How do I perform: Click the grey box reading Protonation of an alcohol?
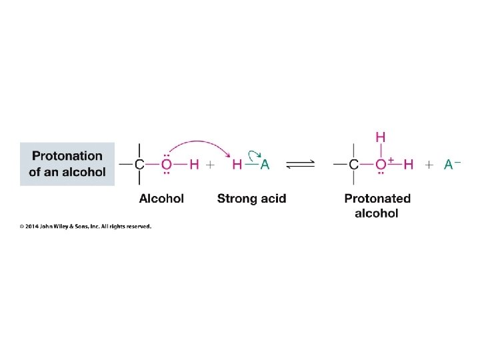(x=67, y=164)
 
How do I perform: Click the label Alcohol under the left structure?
(x=161, y=198)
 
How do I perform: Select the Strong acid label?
(x=251, y=198)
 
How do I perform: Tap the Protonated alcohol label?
(x=377, y=205)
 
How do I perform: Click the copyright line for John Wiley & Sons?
(x=85, y=227)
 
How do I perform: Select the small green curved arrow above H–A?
(x=254, y=152)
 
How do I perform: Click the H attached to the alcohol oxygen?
(x=194, y=165)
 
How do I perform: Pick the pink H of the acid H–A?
(x=237, y=165)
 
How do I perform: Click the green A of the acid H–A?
(x=265, y=165)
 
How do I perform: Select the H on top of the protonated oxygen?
(x=380, y=137)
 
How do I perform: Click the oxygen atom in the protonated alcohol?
(x=380, y=165)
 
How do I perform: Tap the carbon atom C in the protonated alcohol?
(x=354, y=165)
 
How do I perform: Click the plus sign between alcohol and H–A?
(x=210, y=165)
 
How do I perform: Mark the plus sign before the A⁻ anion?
(x=429, y=165)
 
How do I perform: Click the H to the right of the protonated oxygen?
(x=409, y=165)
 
